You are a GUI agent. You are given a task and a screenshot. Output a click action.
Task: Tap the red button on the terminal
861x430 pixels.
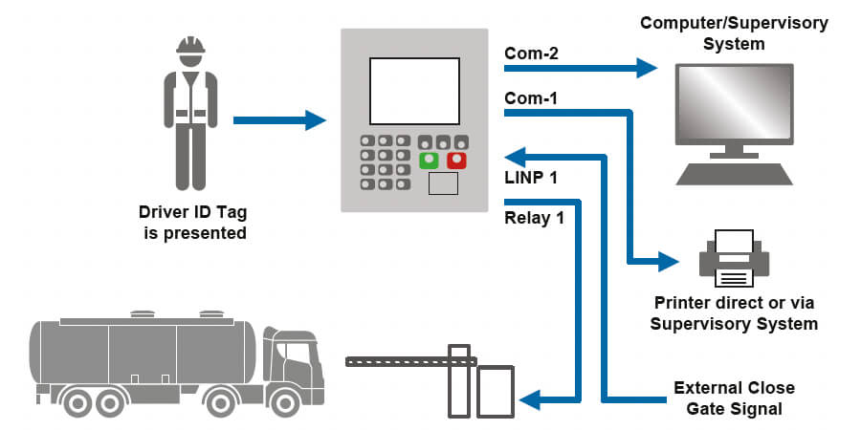456,161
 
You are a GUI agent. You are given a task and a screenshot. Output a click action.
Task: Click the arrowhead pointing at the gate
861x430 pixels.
532,398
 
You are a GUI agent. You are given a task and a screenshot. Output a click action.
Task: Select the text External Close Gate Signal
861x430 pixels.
734,398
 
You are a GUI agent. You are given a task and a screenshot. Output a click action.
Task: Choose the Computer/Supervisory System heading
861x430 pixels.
735,31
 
